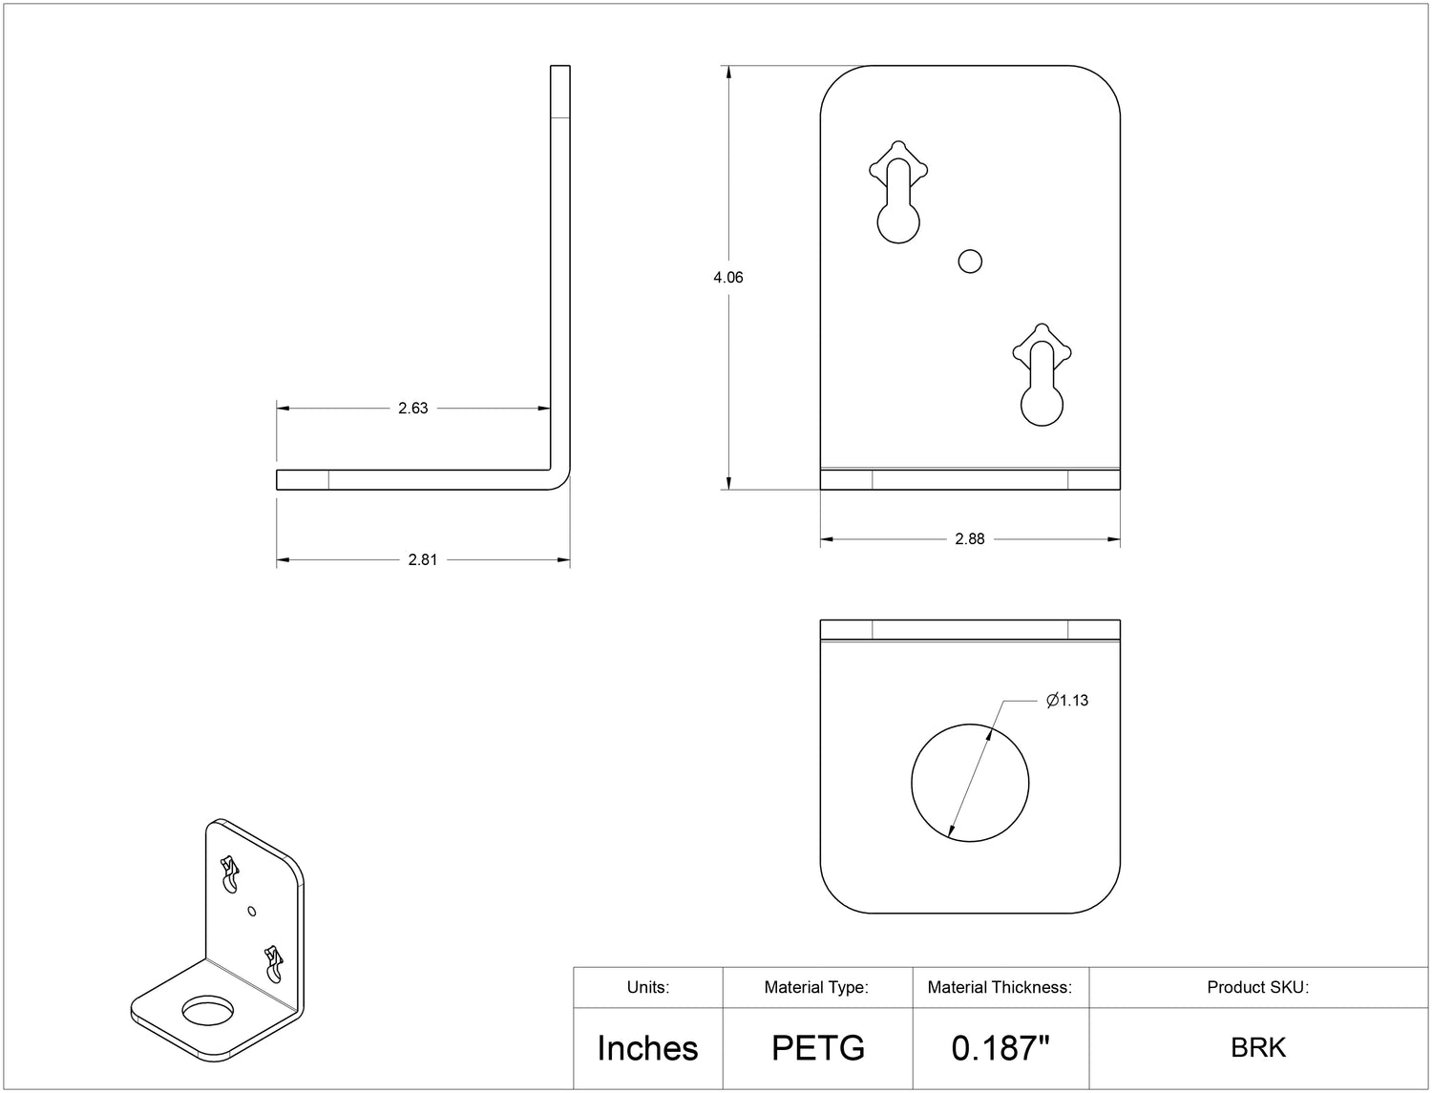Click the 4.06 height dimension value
(x=727, y=277)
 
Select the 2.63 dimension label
(x=413, y=409)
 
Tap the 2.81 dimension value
(x=423, y=559)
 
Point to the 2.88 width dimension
(x=969, y=538)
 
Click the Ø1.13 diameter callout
(x=1067, y=701)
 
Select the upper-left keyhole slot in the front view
(x=898, y=192)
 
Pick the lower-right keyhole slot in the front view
(x=1042, y=374)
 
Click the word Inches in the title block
(x=647, y=1048)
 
